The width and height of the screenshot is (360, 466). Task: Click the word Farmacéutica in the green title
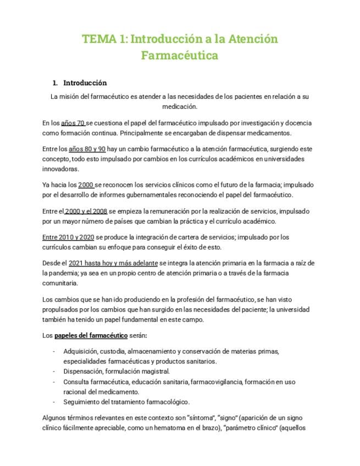coord(180,56)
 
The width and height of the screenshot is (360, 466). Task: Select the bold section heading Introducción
coord(85,83)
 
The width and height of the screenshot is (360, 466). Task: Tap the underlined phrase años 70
coord(73,123)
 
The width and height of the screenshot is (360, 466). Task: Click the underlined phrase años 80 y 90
coord(87,149)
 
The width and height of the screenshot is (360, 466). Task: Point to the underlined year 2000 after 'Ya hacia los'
coord(87,185)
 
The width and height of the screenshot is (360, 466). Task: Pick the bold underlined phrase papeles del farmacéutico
coord(98,335)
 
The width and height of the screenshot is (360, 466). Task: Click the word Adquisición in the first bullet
coord(80,351)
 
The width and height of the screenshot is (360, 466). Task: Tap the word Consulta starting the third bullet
coord(77,382)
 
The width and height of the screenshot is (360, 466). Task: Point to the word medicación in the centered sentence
coord(180,107)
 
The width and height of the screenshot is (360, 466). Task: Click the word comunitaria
coord(60,284)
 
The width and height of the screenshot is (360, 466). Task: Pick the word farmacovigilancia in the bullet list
coord(215,382)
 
